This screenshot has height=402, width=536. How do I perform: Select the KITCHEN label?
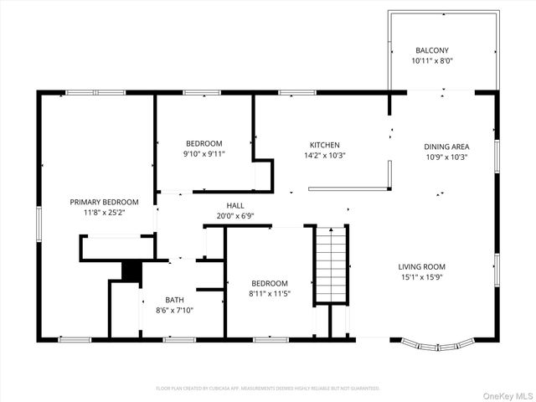[x=324, y=144]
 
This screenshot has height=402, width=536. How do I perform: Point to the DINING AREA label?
[x=446, y=146]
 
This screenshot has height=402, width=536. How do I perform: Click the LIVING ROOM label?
[x=421, y=267]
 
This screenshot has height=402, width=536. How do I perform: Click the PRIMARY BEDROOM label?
[x=104, y=202]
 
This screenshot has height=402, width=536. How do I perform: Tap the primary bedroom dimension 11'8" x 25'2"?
[x=104, y=213]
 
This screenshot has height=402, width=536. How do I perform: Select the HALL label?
[x=235, y=205]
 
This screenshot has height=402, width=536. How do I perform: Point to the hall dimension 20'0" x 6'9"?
[x=235, y=215]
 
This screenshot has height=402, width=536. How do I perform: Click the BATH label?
[x=174, y=300]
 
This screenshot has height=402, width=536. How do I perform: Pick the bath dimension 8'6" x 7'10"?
[x=174, y=311]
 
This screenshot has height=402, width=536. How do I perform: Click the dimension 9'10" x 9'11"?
[x=204, y=154]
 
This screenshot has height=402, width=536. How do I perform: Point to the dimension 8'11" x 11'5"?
[x=268, y=294]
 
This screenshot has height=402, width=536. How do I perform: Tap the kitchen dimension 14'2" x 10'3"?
[x=324, y=155]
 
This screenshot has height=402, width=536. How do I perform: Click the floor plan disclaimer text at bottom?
[x=268, y=389]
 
